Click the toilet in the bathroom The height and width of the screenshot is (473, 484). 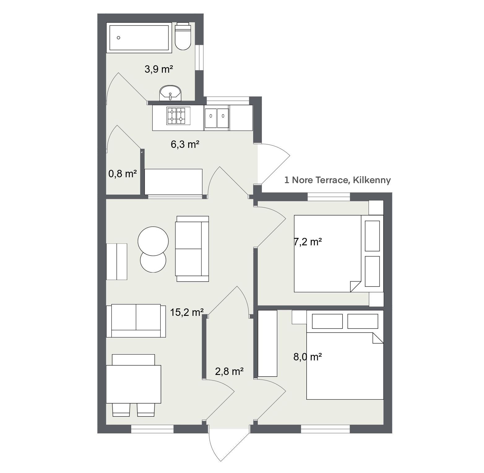point(183,36)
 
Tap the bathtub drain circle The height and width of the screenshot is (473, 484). point(118,38)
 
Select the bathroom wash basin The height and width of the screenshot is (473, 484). point(170,93)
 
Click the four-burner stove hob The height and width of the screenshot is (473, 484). point(179,116)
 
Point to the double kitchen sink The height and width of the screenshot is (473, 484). point(217,118)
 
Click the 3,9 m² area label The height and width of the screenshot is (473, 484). point(158,69)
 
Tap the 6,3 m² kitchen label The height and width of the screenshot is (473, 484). point(185,144)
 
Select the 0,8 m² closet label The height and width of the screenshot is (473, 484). point(123,174)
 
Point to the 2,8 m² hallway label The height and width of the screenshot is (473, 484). point(229,371)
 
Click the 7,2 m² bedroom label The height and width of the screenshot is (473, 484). point(308,242)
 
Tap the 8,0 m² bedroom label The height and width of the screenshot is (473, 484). point(308,357)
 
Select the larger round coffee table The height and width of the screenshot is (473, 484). point(153,241)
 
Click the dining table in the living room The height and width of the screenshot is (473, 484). point(133,384)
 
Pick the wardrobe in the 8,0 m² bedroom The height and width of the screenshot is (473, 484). point(267,343)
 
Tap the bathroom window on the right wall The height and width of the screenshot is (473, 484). point(201,58)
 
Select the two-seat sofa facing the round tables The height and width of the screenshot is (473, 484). point(192,249)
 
